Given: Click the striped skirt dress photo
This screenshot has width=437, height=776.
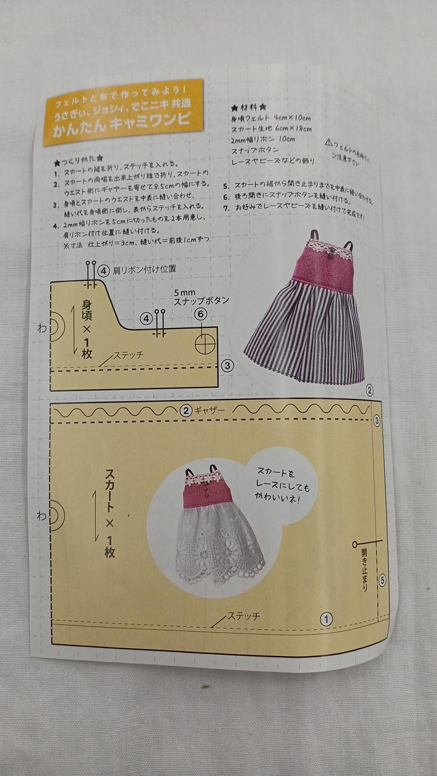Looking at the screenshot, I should point(307,309).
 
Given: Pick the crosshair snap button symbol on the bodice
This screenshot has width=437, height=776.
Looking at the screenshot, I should point(204,343).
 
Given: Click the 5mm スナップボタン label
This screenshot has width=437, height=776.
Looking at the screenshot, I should point(201,295).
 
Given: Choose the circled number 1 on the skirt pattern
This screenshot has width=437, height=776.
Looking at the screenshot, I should point(326,618).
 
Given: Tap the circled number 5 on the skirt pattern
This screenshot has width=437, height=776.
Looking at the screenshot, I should point(382,580).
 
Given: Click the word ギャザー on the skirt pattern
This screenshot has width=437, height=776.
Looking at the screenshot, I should point(209,410).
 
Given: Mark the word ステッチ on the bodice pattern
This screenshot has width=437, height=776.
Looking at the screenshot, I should point(128,355).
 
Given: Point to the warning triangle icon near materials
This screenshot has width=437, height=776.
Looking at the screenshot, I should point(328,143).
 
